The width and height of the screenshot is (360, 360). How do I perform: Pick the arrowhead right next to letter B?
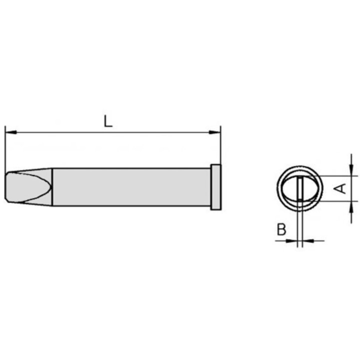coord(292,240)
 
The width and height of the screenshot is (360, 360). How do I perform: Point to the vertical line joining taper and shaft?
coord(53,187)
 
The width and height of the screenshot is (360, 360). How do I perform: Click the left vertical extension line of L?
coord(5,150)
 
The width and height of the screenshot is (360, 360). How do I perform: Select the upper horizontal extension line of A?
coord(335,175)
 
